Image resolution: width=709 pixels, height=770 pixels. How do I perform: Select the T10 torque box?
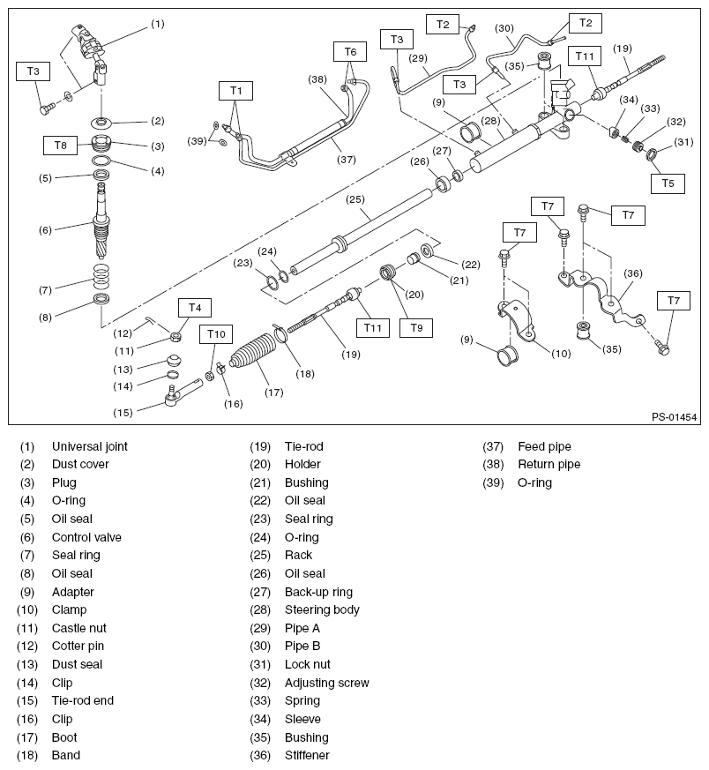tap(215, 333)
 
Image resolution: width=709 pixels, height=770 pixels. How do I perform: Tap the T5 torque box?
tap(668, 183)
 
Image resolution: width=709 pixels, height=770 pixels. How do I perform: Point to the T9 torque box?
tap(416, 327)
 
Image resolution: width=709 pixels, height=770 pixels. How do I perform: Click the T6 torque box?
tap(350, 52)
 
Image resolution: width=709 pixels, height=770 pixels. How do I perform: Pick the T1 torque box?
tap(235, 90)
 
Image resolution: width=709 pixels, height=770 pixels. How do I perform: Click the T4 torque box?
tap(195, 307)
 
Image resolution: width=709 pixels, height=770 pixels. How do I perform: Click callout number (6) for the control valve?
tap(45, 228)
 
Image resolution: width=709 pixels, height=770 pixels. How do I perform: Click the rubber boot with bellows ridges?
tap(253, 357)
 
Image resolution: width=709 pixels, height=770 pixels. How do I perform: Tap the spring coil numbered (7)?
tap(102, 277)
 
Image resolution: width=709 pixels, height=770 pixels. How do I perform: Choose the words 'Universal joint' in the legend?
tap(89, 446)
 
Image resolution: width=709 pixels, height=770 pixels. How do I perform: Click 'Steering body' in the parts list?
tap(322, 609)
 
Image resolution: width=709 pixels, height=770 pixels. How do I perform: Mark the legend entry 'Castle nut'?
tap(79, 628)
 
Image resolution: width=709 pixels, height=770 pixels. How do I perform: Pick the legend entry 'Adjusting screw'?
tap(326, 683)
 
